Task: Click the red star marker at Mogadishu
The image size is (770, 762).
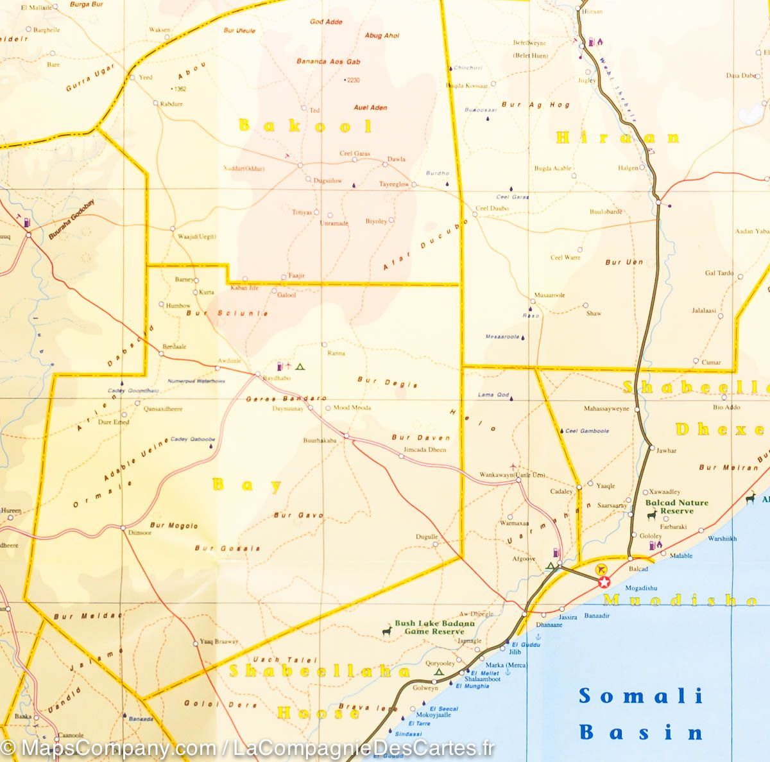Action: pos(604,582)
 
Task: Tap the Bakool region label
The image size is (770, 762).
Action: pos(305,126)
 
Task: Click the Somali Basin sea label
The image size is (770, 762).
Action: pos(640,713)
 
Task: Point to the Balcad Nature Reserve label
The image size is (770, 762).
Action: pos(677,507)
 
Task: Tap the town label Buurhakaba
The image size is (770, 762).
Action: pos(320,441)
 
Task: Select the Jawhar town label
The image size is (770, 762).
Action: pos(666,451)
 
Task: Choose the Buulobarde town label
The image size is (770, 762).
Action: pos(606,212)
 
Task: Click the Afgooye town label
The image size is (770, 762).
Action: pos(523,559)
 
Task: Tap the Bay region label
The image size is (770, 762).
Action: pos(247,485)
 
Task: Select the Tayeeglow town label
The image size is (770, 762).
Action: pos(393,184)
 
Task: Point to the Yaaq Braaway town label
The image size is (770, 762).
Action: pos(219,641)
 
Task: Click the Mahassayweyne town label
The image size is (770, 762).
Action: pos(606,408)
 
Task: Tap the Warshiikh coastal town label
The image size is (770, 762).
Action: pos(722,539)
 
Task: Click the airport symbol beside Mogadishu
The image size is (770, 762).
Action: pos(601,569)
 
